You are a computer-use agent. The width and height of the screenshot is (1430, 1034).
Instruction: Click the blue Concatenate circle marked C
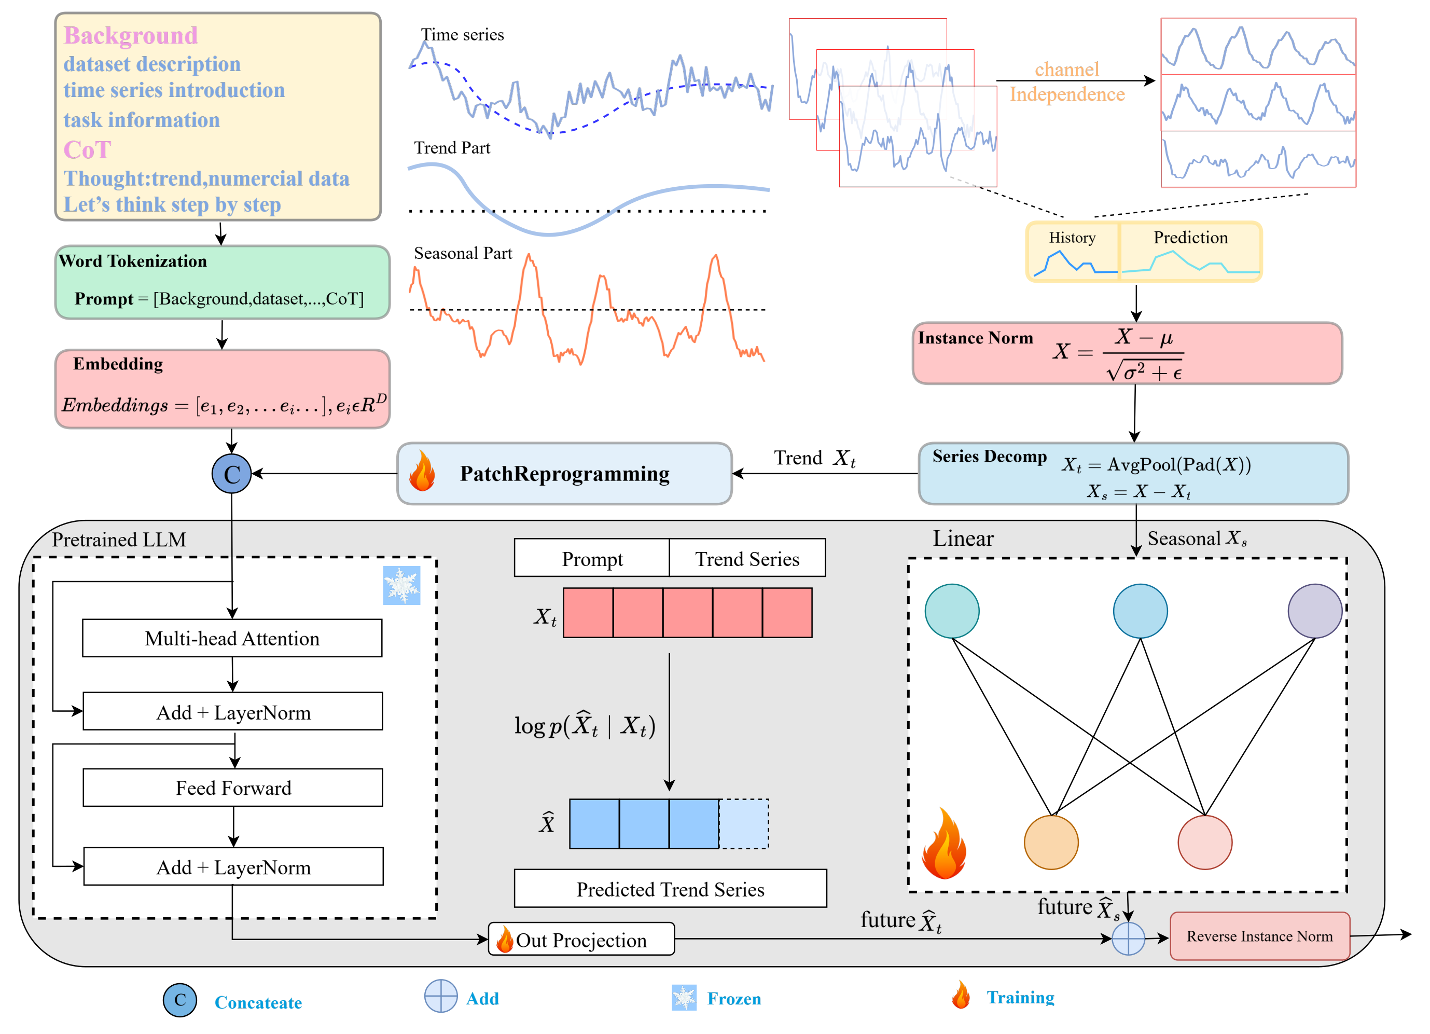coord(231,474)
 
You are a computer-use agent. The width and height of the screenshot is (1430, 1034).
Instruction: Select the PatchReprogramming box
coord(564,474)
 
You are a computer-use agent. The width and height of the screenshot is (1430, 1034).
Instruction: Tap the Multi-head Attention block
coord(232,638)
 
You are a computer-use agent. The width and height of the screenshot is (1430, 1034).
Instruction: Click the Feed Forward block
coord(233,788)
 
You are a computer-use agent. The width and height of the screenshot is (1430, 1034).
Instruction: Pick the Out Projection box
coord(581,940)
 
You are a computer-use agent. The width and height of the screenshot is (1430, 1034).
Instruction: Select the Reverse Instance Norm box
coord(1259,936)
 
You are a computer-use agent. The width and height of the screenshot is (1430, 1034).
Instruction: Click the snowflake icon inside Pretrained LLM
coord(401,585)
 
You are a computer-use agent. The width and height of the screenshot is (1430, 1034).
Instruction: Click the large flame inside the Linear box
coord(944,845)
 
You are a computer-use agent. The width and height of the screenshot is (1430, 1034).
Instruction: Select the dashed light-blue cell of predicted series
coord(743,823)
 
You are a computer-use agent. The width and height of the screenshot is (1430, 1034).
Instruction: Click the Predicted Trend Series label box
coord(670,888)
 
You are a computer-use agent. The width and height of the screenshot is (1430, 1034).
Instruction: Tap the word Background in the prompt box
coord(131,36)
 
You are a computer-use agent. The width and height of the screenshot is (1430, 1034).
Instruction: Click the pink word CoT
coord(87,150)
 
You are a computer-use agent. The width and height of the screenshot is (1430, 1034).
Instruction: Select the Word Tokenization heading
coord(132,261)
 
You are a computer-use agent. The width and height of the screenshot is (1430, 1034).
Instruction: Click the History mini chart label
coord(1072,238)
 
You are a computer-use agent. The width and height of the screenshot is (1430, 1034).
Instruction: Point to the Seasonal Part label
coord(462,254)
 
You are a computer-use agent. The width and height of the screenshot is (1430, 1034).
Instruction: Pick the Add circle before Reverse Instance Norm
coord(1128,938)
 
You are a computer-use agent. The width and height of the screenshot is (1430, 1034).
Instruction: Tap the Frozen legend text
coord(734,999)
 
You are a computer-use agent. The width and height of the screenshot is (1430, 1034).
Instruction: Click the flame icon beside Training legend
coord(961,996)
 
